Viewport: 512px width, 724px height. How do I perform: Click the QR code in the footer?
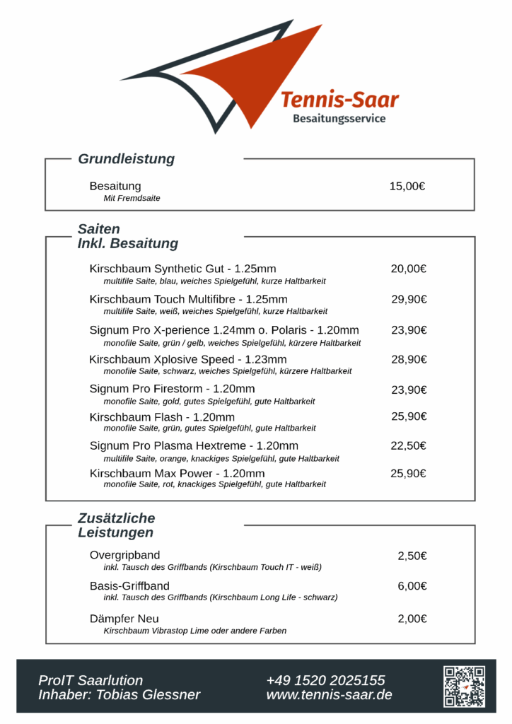pyautogui.click(x=464, y=686)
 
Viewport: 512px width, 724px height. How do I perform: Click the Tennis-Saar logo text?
pyautogui.click(x=339, y=100)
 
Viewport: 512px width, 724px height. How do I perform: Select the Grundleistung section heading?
pyautogui.click(x=126, y=159)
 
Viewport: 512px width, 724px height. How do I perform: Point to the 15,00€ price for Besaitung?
pyautogui.click(x=407, y=187)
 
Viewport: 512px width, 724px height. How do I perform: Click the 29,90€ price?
pyautogui.click(x=409, y=299)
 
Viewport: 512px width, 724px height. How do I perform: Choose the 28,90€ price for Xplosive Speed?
pyautogui.click(x=409, y=360)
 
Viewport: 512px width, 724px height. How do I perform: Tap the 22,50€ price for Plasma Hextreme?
pyautogui.click(x=409, y=445)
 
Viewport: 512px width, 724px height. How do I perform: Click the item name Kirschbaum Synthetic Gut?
pyautogui.click(x=182, y=269)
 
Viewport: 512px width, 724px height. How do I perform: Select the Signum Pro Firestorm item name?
pyautogui.click(x=172, y=389)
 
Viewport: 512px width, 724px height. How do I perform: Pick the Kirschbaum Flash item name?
pyautogui.click(x=162, y=417)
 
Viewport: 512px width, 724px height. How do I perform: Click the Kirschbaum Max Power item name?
pyautogui.click(x=177, y=473)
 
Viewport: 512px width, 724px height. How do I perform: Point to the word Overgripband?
pyautogui.click(x=124, y=555)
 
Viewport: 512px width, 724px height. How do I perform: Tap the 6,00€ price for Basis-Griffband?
pyautogui.click(x=412, y=586)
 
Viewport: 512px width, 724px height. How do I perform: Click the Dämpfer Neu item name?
pyautogui.click(x=124, y=619)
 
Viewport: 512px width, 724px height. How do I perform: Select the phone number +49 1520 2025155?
pyautogui.click(x=325, y=680)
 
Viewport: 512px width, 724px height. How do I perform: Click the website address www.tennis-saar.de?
pyautogui.click(x=329, y=695)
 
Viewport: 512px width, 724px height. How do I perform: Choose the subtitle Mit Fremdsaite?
pyautogui.click(x=132, y=199)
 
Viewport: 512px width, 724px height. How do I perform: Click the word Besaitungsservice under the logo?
pyautogui.click(x=339, y=119)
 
